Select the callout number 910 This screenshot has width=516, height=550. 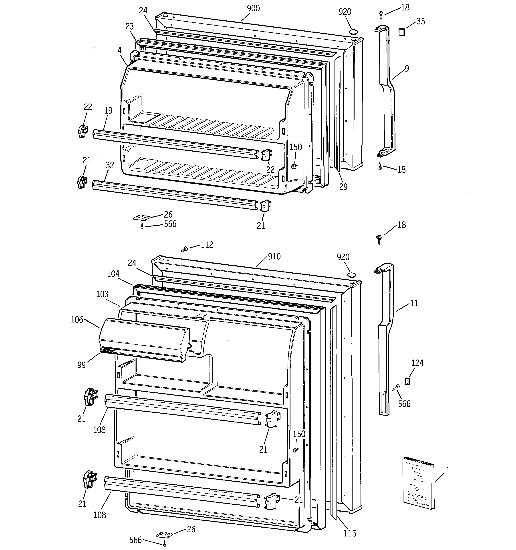274,256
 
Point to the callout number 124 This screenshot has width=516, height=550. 417,363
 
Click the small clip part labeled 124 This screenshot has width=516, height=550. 407,381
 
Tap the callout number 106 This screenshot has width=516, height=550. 77,320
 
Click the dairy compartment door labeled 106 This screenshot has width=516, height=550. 144,339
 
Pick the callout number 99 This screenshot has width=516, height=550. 81,365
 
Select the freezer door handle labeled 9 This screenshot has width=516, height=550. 387,91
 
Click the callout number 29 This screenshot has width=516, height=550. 343,187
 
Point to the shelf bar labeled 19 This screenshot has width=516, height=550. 175,144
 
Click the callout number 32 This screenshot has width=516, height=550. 110,165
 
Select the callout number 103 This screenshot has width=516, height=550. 102,294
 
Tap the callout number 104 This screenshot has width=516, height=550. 113,274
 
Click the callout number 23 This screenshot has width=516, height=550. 129,27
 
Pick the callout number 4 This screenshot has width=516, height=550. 119,50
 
